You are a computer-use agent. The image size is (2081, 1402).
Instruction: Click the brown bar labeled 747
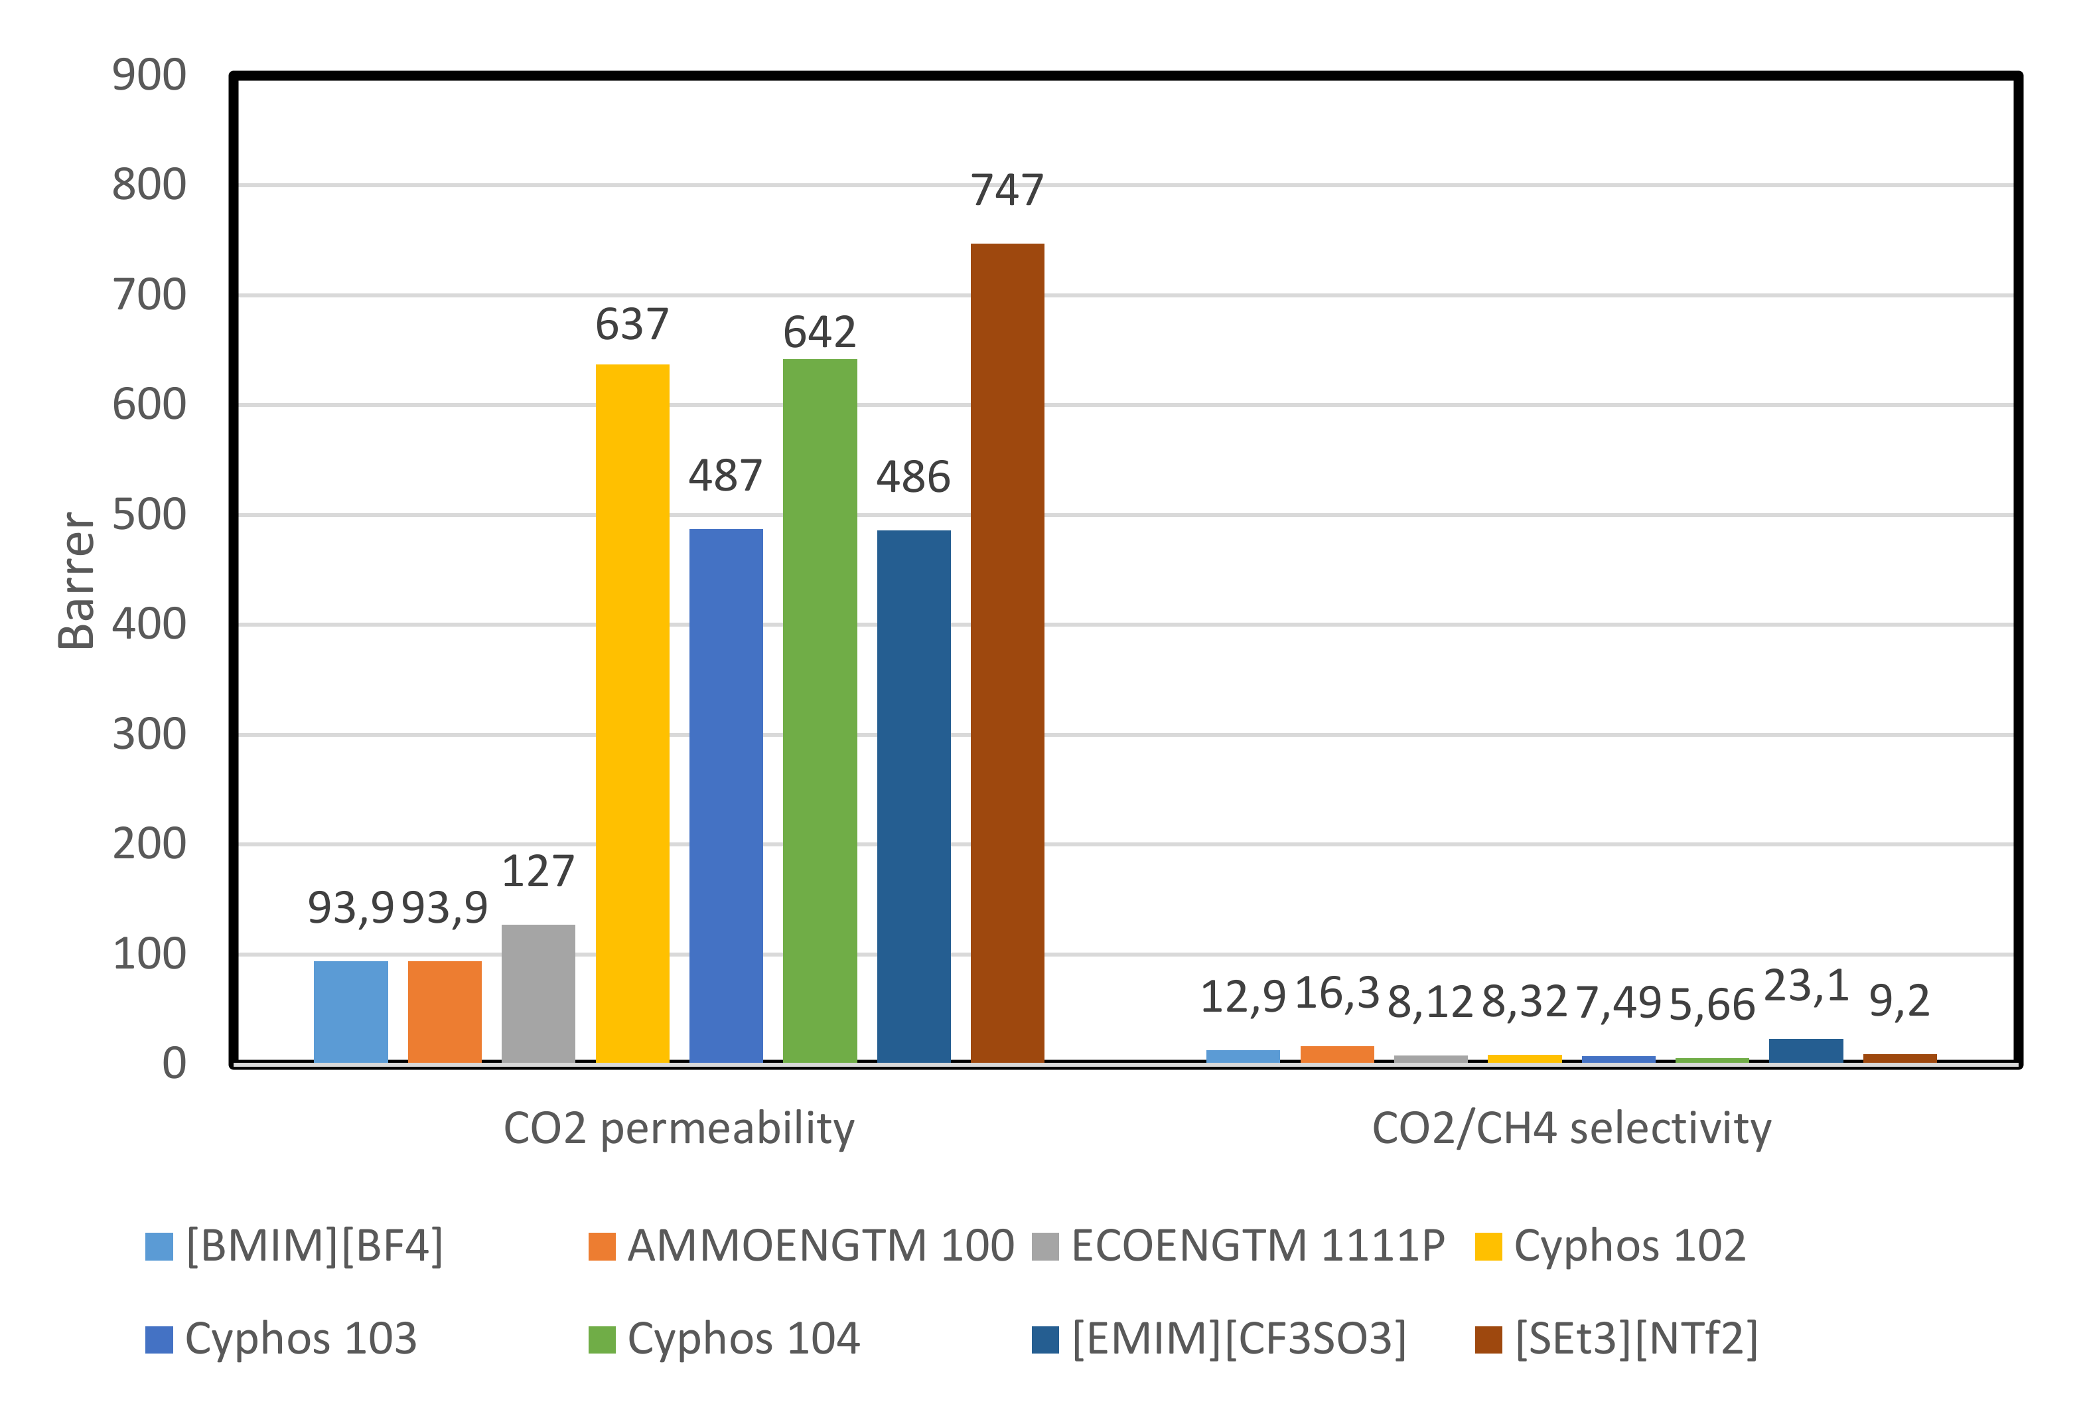pyautogui.click(x=1007, y=653)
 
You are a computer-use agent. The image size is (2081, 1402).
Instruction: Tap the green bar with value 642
pyautogui.click(x=820, y=711)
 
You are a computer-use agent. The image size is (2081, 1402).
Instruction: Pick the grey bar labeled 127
pyautogui.click(x=538, y=993)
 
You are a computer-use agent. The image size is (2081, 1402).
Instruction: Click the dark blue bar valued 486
pyautogui.click(x=914, y=796)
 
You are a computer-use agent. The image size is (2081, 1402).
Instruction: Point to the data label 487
pyautogui.click(x=725, y=476)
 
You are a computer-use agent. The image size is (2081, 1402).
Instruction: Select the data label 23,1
pyautogui.click(x=1806, y=987)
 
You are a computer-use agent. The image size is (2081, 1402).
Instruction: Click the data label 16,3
pyautogui.click(x=1336, y=993)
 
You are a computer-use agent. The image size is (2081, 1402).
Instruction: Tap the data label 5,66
pyautogui.click(x=1712, y=1005)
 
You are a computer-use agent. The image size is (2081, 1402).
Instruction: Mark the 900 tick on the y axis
pyautogui.click(x=149, y=75)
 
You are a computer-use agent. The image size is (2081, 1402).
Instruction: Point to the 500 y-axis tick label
pyautogui.click(x=149, y=515)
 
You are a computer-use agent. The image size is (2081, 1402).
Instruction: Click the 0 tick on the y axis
pyautogui.click(x=175, y=1064)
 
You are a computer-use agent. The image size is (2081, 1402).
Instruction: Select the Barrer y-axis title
pyautogui.click(x=77, y=580)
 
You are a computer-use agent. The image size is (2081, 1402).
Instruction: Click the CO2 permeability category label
pyautogui.click(x=678, y=1129)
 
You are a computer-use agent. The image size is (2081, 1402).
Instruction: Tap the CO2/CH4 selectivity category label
pyautogui.click(x=1571, y=1129)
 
